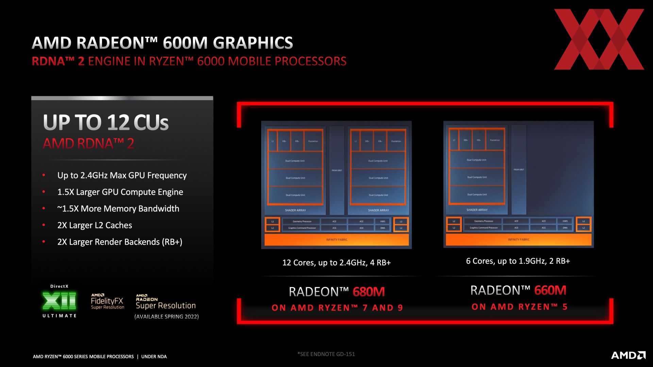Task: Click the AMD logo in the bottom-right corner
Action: pyautogui.click(x=628, y=355)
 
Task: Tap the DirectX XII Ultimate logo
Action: pyautogui.click(x=59, y=301)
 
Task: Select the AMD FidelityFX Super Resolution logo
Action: pyautogui.click(x=107, y=301)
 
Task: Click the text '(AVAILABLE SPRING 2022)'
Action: pyautogui.click(x=167, y=317)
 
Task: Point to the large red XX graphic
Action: pyautogui.click(x=599, y=39)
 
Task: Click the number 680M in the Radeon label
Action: pyautogui.click(x=369, y=292)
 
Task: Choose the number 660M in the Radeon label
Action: pyautogui.click(x=550, y=290)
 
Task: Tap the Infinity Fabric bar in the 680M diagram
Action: pyautogui.click(x=337, y=240)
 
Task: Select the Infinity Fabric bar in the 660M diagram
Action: pyautogui.click(x=519, y=240)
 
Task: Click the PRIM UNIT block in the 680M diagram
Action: pyautogui.click(x=337, y=170)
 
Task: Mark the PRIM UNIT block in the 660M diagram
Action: pyautogui.click(x=519, y=170)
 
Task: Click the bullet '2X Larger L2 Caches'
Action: pyautogui.click(x=95, y=225)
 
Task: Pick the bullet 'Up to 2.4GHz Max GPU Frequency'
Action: pyautogui.click(x=122, y=175)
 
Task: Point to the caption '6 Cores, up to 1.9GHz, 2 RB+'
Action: pyautogui.click(x=518, y=261)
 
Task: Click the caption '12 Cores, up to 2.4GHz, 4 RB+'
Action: pyautogui.click(x=336, y=263)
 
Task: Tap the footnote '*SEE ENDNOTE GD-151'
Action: pyautogui.click(x=326, y=354)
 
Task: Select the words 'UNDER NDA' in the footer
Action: pyautogui.click(x=154, y=356)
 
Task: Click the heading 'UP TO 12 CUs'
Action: pyautogui.click(x=106, y=122)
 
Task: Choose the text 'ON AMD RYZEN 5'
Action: pyautogui.click(x=519, y=307)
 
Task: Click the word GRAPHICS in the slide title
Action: pyautogui.click(x=253, y=43)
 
